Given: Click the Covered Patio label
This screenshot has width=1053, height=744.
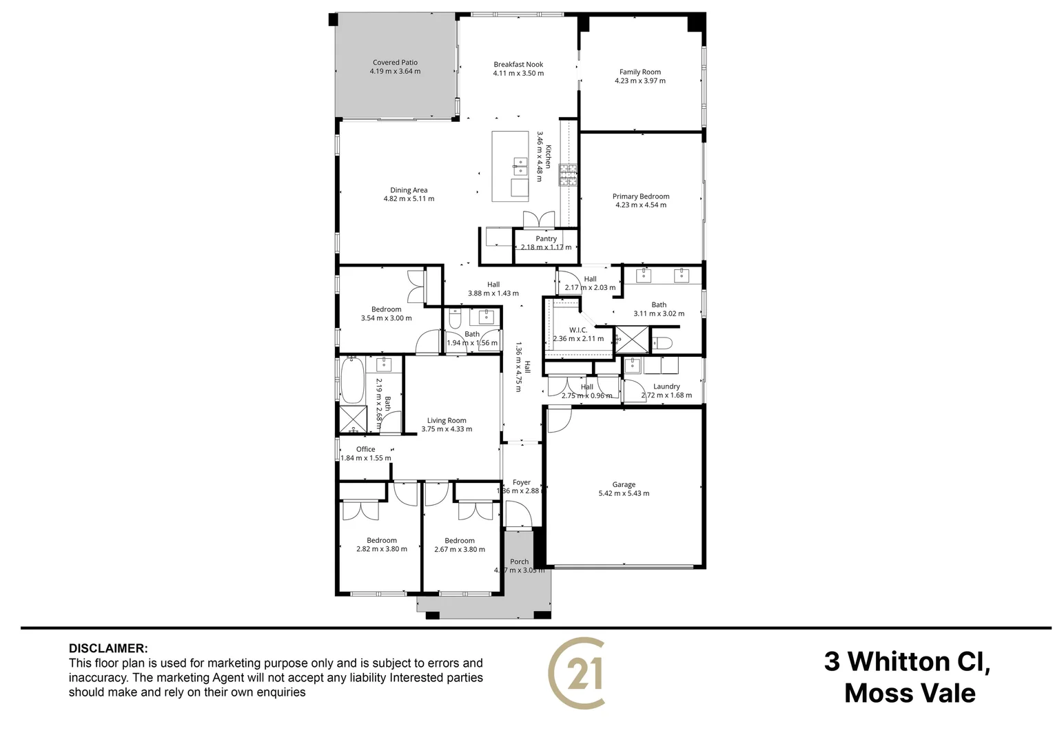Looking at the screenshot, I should pos(395,63).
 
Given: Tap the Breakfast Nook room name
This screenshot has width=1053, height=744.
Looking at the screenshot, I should pos(518,65).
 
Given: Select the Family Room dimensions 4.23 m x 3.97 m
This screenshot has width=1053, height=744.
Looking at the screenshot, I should pos(640,81).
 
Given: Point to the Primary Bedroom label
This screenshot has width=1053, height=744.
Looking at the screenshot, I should pos(641,196).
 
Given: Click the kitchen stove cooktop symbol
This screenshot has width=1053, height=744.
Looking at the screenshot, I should pos(568,175).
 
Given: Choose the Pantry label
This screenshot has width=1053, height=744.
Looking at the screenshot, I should pos(546,239).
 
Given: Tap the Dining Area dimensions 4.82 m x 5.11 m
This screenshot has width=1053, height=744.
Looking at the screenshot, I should pos(409,199).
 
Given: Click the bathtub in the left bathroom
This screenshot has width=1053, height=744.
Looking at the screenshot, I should pos(352,380).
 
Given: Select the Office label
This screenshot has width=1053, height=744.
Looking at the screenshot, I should pos(365,449).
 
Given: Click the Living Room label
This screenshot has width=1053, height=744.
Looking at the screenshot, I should pos(447,420).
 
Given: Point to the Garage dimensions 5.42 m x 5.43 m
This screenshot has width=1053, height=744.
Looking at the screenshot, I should pos(624,493).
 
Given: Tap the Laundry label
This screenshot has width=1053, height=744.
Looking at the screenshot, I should pos(666,386).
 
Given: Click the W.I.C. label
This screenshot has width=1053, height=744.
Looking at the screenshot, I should pos(578,330).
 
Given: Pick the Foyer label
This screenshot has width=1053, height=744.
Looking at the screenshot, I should pos(522,482).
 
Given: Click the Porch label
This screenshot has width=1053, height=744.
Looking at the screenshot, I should pos(520,561).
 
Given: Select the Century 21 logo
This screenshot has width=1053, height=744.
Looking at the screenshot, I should pos(577,673).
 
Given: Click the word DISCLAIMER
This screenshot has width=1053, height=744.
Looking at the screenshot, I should pos(108,648).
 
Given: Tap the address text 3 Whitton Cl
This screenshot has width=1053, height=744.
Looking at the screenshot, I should pos(907,661).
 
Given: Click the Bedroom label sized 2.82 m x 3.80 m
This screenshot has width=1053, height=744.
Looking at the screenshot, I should pos(382,540).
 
